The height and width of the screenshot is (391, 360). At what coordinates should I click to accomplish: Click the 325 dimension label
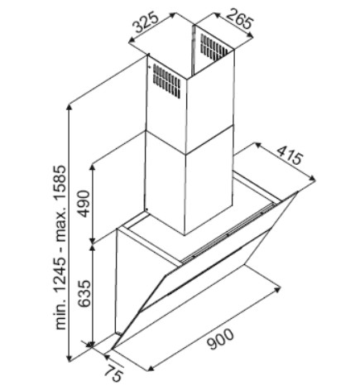146,22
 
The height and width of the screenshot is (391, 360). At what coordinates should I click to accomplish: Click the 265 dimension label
239,19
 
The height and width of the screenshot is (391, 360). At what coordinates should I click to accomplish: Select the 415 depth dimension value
290,156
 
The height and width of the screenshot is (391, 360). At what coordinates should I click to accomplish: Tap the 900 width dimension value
220,339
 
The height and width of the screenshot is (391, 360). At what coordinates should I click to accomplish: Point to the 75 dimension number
113,373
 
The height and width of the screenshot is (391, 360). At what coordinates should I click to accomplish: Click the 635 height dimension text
84,294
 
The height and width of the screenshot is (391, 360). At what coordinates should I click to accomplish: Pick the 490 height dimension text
84,204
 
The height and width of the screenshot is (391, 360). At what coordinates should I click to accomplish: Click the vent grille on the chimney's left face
166,81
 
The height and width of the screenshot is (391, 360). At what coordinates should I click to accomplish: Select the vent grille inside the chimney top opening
214,47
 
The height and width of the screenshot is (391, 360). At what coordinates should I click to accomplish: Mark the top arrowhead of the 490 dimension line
93,168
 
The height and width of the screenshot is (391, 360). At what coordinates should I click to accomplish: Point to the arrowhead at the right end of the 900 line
277,290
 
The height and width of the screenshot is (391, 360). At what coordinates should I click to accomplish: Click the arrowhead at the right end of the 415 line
312,179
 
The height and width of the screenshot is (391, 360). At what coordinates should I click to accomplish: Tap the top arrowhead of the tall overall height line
70,107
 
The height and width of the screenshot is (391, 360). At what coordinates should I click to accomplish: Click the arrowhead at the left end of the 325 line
132,41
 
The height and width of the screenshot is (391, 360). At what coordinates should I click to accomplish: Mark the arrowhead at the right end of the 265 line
250,36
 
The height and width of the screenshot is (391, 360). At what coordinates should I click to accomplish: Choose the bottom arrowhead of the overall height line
70,358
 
